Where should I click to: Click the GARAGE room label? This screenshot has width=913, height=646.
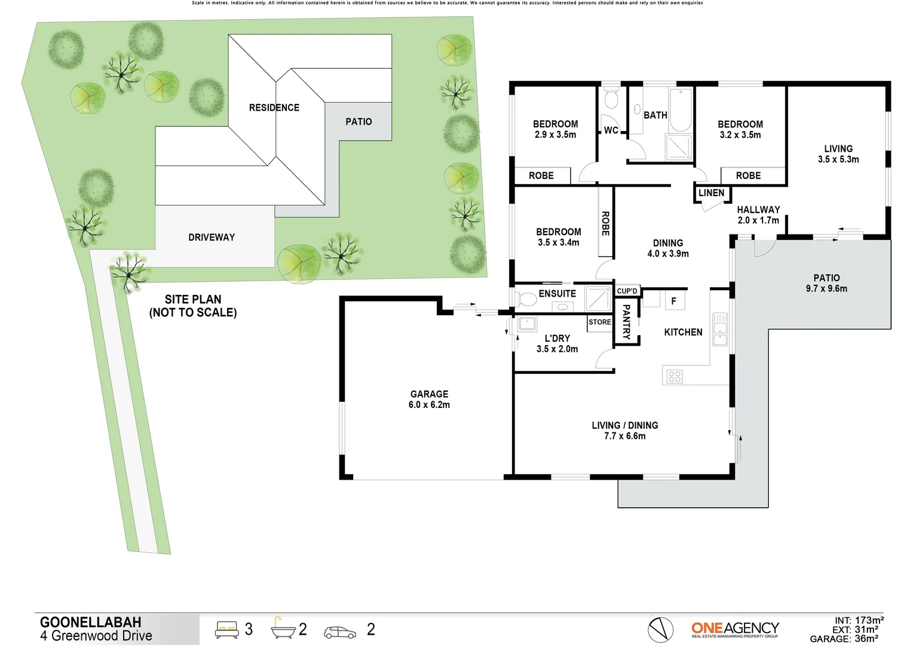[429, 394]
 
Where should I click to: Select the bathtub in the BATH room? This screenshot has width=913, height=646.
[680, 109]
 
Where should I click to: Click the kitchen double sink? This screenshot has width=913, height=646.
[720, 330]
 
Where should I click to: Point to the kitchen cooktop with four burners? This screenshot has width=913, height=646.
[675, 376]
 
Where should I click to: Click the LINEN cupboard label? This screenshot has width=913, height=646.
[711, 193]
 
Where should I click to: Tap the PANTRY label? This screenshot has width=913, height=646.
[626, 322]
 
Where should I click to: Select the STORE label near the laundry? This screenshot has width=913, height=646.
[599, 322]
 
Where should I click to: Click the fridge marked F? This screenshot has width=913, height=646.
[674, 301]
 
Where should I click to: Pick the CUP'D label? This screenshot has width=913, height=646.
[627, 291]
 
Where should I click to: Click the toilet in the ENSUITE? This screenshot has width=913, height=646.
[526, 298]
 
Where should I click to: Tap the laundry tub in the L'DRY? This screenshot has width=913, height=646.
[527, 324]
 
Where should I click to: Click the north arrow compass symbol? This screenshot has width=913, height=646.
[660, 629]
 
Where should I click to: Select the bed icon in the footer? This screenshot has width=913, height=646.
[226, 629]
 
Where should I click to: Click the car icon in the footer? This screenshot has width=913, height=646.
[339, 632]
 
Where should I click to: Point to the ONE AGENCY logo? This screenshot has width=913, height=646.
[735, 629]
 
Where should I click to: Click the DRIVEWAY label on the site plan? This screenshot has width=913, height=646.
[212, 237]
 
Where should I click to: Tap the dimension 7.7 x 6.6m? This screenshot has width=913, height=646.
[624, 436]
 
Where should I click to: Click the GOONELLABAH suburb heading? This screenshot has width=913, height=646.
[90, 622]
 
